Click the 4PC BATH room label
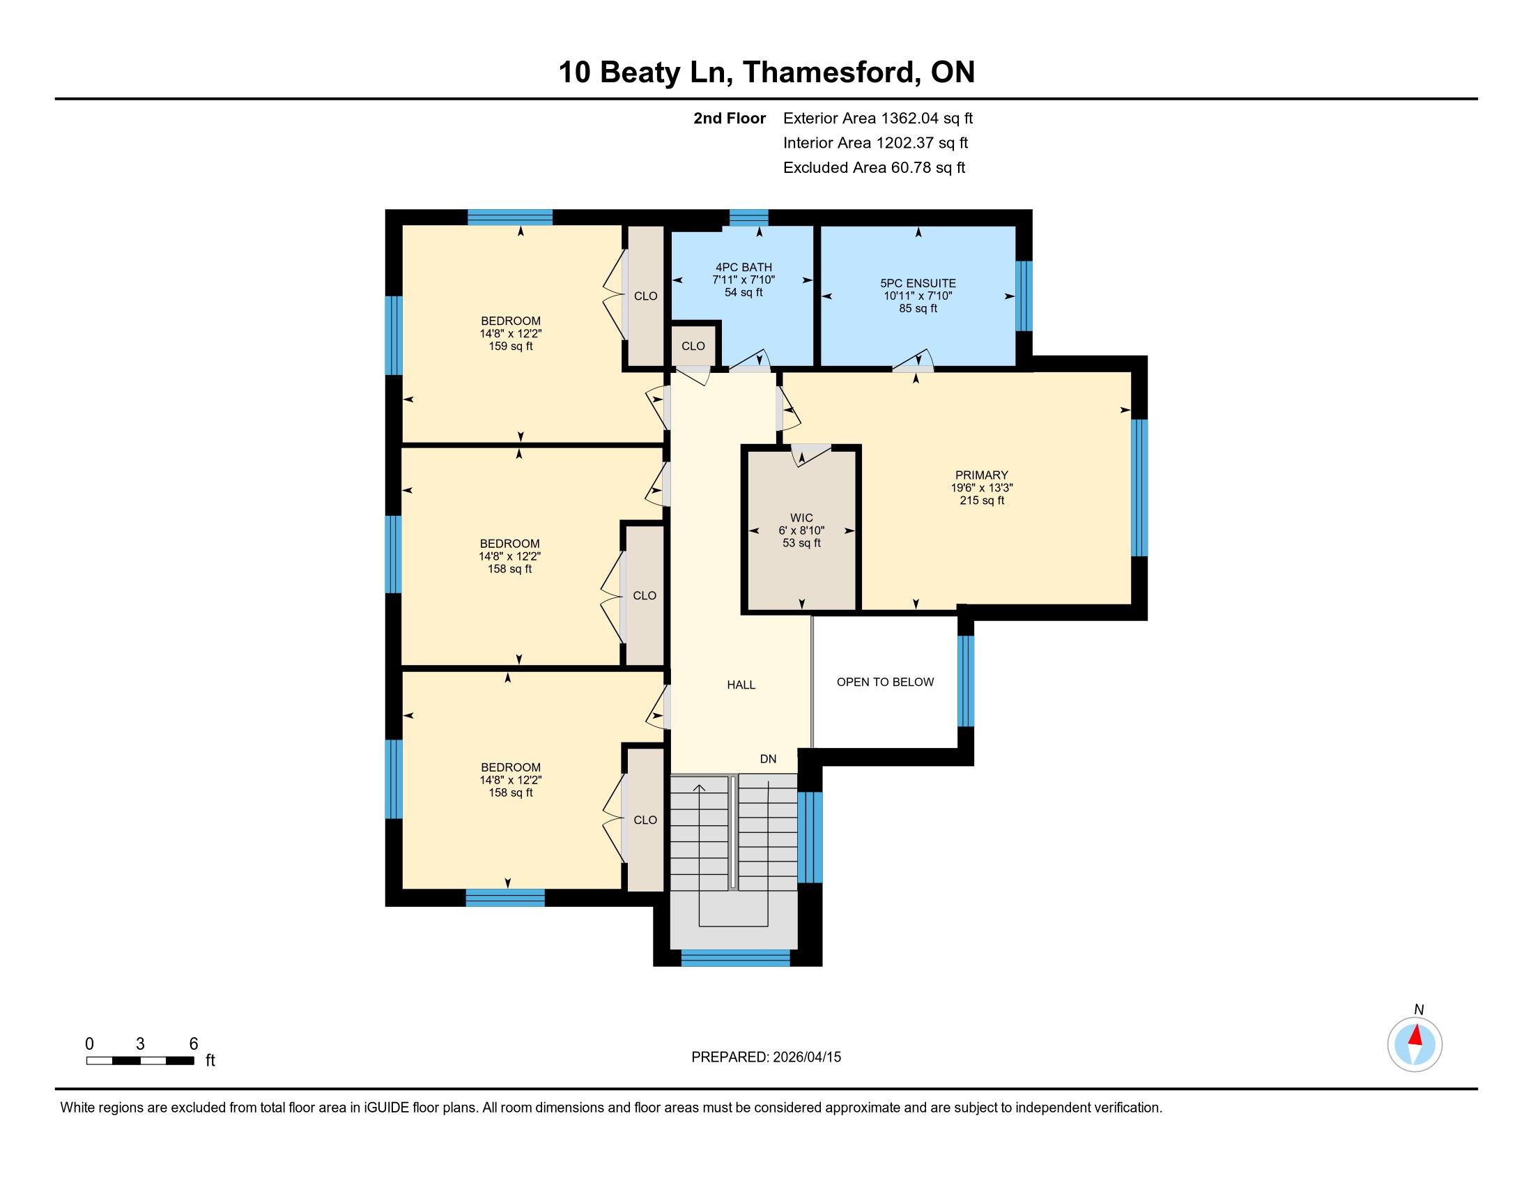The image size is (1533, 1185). point(744,267)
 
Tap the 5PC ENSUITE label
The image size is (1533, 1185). point(918,283)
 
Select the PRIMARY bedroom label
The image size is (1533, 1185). point(981,475)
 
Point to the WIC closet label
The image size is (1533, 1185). point(801,518)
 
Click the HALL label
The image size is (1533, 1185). point(741,685)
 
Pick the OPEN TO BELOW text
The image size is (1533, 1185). point(885,682)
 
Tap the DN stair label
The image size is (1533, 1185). point(769,759)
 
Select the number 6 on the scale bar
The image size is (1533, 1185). point(194,1043)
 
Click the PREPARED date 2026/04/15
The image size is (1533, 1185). point(806,1057)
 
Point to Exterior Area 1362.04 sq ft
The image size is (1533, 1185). point(878,118)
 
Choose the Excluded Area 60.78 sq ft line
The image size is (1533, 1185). point(875,167)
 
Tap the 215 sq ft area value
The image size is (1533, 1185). point(982,500)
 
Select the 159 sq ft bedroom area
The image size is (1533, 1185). point(511,346)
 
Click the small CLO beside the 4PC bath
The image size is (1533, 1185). point(693,346)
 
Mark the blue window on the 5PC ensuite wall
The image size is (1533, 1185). point(1025,296)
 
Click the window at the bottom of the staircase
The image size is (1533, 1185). point(736,958)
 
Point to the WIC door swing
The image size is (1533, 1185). point(811,456)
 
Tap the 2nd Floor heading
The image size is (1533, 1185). point(730,118)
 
